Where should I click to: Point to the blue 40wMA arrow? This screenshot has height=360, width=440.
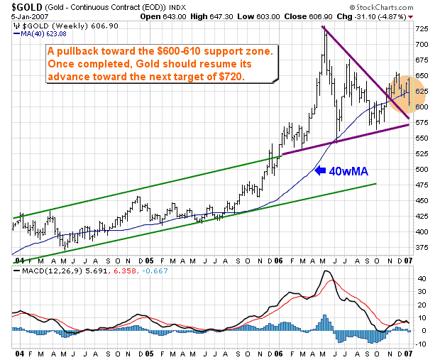[321, 170]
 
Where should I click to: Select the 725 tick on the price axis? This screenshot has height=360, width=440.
[422, 29]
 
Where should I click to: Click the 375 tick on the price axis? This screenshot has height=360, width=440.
[422, 248]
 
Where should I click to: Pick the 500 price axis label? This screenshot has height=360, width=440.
[422, 170]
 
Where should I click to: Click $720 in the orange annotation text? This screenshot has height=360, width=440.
[229, 76]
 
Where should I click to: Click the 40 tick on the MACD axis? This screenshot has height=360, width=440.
[420, 279]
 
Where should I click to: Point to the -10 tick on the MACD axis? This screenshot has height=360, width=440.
[420, 343]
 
